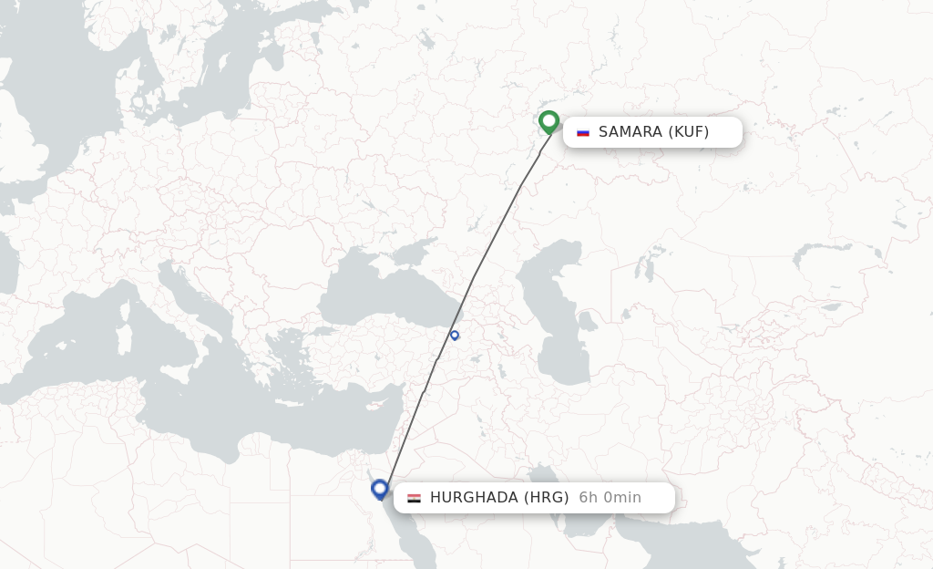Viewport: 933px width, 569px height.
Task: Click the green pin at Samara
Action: coord(549,121)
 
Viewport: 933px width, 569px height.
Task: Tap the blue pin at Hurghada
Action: coord(380,489)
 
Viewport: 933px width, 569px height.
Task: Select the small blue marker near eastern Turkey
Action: coord(455,335)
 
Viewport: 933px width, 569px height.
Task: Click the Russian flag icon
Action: coord(583,132)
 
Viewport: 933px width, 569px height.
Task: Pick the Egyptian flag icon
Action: coord(414,498)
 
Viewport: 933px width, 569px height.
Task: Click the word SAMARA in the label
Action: coord(631,132)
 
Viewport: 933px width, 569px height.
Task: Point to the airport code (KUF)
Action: coord(689,132)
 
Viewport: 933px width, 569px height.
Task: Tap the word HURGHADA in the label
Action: coord(474,498)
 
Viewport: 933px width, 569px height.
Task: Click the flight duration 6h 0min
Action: coord(610,498)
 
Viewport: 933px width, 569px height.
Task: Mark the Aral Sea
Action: coord(649,267)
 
